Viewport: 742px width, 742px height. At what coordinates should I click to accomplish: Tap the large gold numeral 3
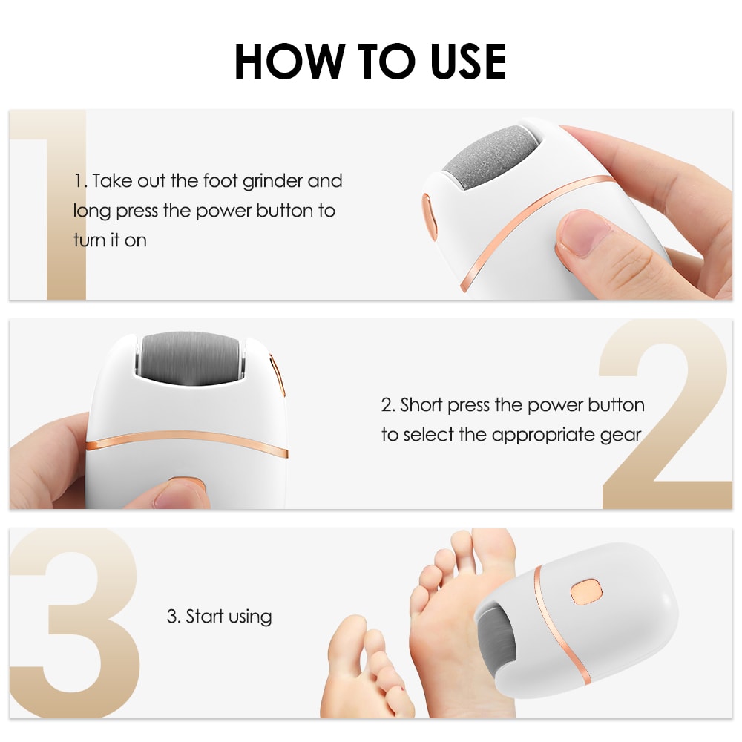74,623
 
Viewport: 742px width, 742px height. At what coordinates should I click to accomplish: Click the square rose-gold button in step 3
585,592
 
